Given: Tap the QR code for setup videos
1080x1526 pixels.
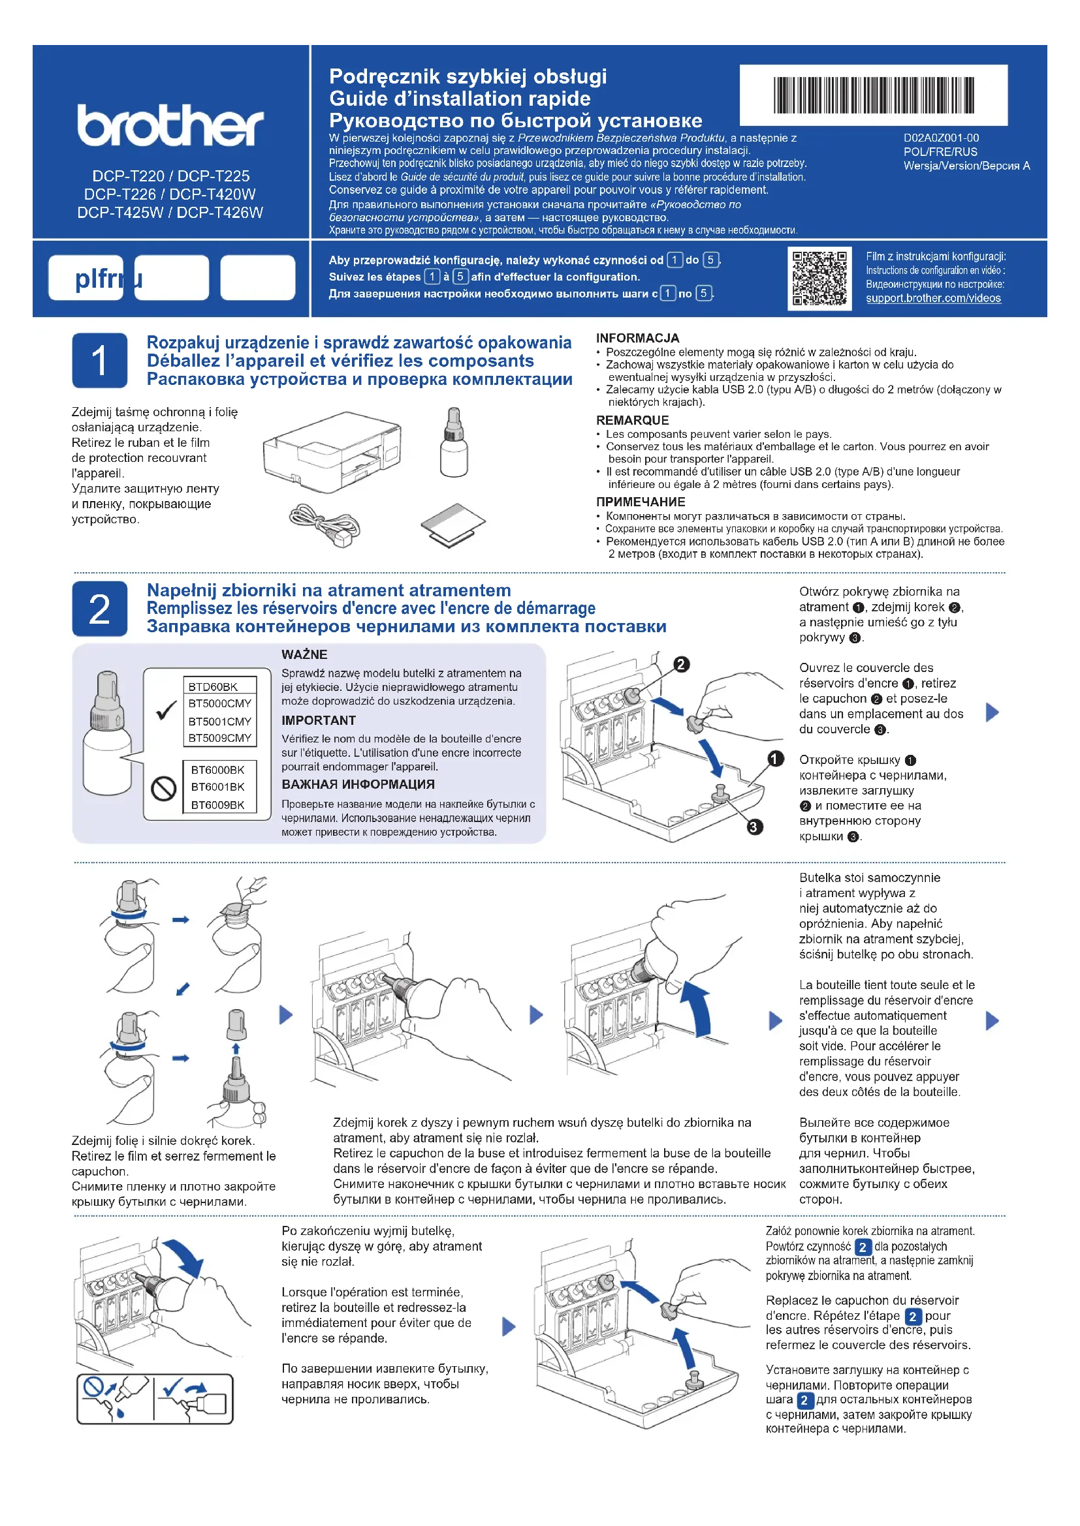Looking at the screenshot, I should pyautogui.click(x=819, y=279).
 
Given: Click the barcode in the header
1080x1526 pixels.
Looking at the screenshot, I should pyautogui.click(x=873, y=95).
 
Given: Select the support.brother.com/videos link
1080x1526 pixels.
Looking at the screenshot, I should pyautogui.click(x=933, y=298).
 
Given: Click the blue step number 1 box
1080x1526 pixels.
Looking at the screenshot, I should pyautogui.click(x=100, y=360).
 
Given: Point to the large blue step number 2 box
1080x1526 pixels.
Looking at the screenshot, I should pyautogui.click(x=100, y=609).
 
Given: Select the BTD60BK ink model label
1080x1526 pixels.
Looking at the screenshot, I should pyautogui.click(x=213, y=686).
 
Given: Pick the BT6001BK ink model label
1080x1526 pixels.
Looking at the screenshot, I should pyautogui.click(x=217, y=787).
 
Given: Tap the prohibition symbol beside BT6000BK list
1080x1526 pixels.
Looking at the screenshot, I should pyautogui.click(x=164, y=789).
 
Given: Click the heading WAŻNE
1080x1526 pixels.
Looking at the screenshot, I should pyautogui.click(x=304, y=654).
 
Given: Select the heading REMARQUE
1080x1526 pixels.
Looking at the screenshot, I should pyautogui.click(x=632, y=420).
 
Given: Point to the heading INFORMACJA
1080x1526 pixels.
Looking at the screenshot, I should pyautogui.click(x=637, y=339).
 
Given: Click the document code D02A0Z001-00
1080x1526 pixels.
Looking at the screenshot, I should pyautogui.click(x=941, y=138).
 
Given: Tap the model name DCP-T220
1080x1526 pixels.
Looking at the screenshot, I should pyautogui.click(x=128, y=176).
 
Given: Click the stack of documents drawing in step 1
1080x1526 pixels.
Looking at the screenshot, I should pyautogui.click(x=453, y=525).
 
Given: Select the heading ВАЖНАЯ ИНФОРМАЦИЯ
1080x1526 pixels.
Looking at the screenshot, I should pyautogui.click(x=358, y=784).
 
